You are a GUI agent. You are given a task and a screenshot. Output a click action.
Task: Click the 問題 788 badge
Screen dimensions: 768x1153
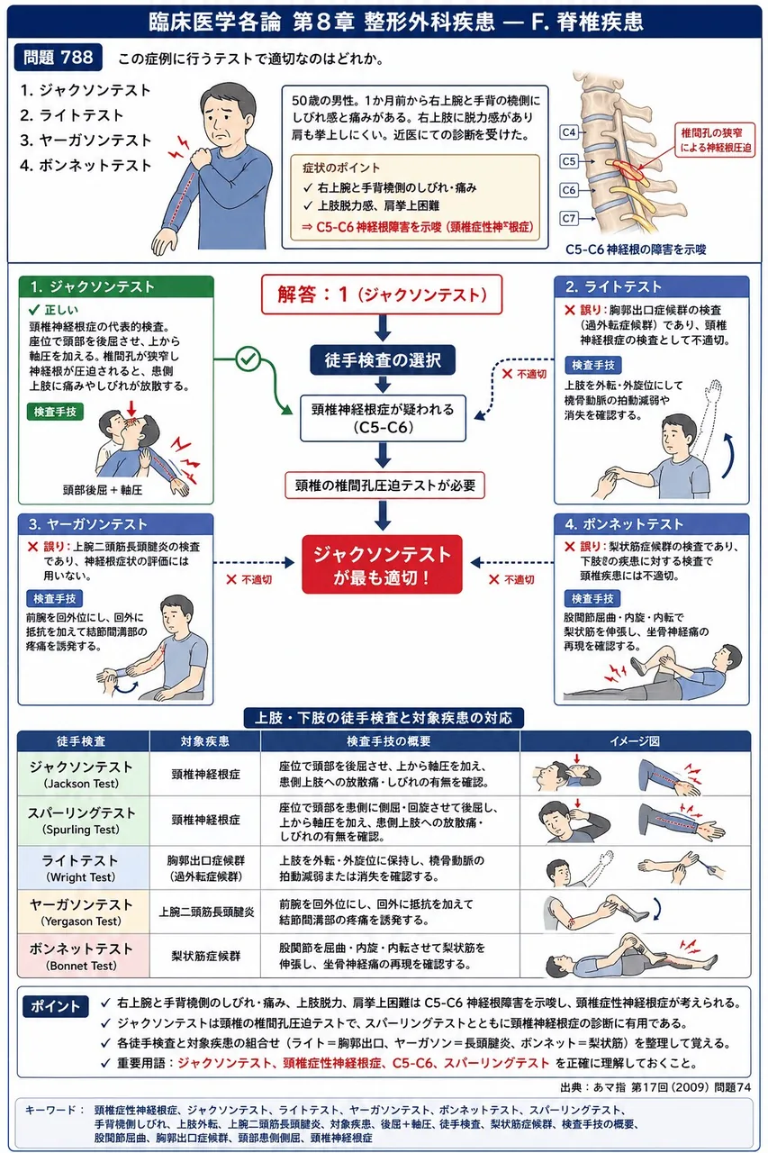(59, 57)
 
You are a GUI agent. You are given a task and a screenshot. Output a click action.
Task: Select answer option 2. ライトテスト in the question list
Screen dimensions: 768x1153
(71, 115)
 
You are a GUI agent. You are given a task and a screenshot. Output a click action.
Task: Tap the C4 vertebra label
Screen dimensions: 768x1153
(568, 132)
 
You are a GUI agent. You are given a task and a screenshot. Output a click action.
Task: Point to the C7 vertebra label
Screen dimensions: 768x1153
(568, 218)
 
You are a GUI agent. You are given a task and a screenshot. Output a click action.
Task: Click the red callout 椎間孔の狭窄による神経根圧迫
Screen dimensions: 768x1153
(715, 140)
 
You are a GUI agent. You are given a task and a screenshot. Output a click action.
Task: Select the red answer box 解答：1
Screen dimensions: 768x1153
(382, 295)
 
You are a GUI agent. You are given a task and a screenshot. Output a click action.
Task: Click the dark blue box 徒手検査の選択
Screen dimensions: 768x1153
(383, 359)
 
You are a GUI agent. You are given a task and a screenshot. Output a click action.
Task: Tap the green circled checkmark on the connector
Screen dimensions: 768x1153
(248, 359)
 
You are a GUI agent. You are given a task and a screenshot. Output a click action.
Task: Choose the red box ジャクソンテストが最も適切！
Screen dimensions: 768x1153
(383, 565)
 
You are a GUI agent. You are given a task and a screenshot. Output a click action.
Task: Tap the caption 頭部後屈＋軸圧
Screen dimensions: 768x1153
(103, 490)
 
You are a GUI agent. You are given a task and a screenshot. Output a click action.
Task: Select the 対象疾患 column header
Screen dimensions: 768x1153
(204, 741)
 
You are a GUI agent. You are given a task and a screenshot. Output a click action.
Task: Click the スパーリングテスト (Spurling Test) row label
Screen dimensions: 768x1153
(81, 821)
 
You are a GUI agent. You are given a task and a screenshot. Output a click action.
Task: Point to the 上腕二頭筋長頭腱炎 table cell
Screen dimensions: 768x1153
(206, 912)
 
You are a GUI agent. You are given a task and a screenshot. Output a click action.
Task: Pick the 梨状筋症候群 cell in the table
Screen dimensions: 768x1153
(206, 956)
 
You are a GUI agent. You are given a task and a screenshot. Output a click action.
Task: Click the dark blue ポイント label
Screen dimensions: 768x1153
(55, 1006)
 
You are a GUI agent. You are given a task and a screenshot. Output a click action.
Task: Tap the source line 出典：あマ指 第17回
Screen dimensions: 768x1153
(655, 1086)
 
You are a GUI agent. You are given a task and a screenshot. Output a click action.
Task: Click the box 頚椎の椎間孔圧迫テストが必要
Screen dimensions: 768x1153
(384, 486)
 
